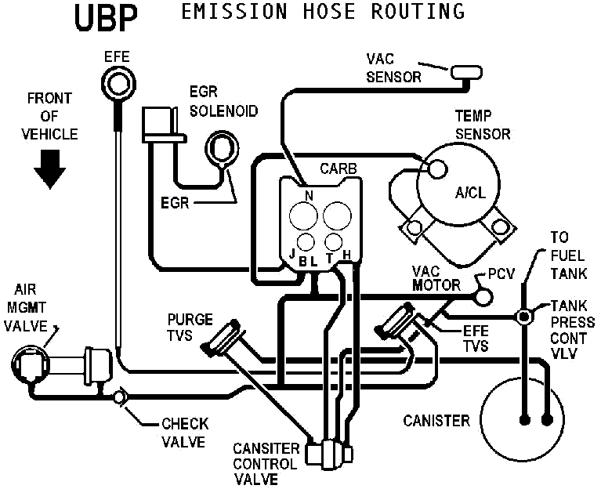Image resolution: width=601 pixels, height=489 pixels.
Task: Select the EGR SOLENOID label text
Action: (223, 101)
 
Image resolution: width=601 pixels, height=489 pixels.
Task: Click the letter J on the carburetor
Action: (292, 253)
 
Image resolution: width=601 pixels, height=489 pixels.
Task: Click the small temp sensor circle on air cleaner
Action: (436, 168)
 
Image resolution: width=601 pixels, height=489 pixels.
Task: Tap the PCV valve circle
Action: (483, 295)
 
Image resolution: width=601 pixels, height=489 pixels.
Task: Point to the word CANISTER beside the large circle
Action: (436, 421)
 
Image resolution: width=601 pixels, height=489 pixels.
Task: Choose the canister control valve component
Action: (329, 454)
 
